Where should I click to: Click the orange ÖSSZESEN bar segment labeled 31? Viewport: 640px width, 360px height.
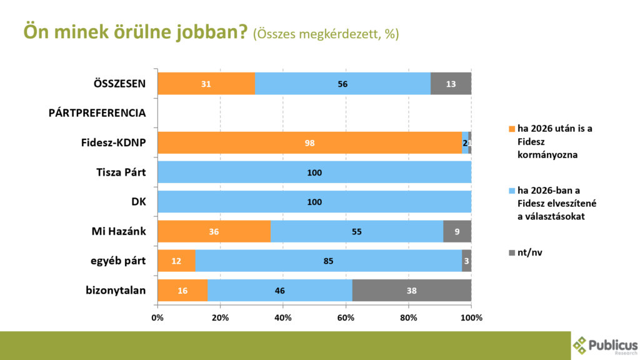point(206,84)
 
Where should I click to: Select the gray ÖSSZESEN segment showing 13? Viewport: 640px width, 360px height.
point(451,84)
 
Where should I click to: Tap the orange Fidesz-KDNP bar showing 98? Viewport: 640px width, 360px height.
point(310,142)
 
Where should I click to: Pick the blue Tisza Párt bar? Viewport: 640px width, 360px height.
point(314,172)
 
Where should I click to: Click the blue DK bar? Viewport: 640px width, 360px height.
point(314,201)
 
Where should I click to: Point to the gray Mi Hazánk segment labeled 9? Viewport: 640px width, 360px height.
point(457,231)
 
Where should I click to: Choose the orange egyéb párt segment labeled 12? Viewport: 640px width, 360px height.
point(176,261)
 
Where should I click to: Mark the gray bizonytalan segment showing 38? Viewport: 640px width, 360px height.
point(412,290)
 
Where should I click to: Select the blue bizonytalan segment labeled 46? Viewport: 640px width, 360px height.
point(280,290)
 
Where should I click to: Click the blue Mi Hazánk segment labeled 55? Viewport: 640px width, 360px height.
point(357,231)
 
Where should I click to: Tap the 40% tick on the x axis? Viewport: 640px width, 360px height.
point(283,317)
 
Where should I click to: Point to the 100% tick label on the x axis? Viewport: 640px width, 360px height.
point(471,317)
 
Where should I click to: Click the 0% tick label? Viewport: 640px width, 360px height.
point(157,317)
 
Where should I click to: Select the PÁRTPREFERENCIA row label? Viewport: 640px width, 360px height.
point(97,113)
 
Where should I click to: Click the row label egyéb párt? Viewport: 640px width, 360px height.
point(119,261)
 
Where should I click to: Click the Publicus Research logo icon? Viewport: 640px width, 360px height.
point(581,345)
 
